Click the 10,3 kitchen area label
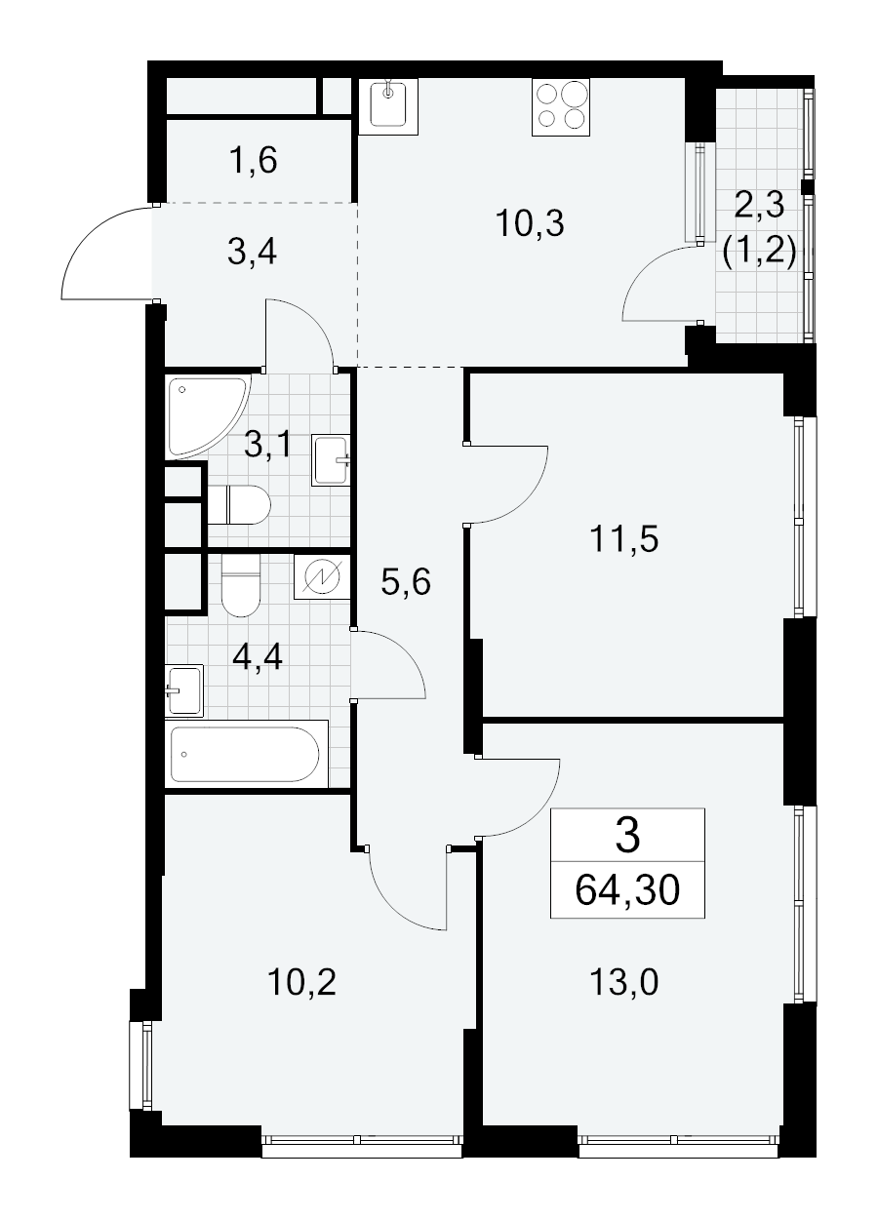point(530,223)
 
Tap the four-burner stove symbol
point(561,107)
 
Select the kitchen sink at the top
point(388,106)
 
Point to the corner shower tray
point(207,416)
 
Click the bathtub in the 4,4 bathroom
point(246,753)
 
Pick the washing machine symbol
point(322,576)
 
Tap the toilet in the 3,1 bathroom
point(239,505)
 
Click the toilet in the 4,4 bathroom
point(241,585)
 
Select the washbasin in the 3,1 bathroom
point(331,460)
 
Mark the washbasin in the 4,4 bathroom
point(184,690)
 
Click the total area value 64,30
point(627,890)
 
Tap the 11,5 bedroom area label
point(623,538)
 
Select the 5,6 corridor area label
point(406,582)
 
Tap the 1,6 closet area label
point(253,160)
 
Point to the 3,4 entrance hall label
point(252,252)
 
